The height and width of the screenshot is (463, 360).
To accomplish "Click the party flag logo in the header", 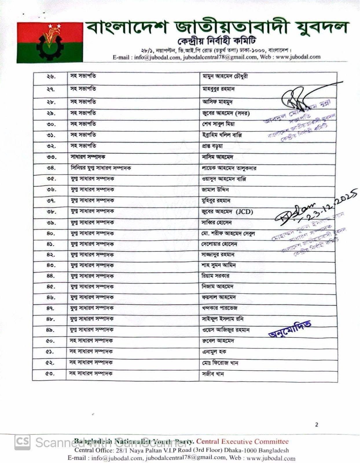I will pos(50,42).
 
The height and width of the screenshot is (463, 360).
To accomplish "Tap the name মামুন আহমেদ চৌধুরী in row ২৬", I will pos(225,77).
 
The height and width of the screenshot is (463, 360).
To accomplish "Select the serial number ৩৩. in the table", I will pos(51,157).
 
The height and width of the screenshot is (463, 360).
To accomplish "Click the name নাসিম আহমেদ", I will pos(218,157).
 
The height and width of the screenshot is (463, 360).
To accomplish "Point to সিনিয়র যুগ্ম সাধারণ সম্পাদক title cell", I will pos(101,168).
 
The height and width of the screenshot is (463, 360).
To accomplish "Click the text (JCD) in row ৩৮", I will pos(244,212).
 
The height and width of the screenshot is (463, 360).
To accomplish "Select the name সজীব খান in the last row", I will pos(213,374).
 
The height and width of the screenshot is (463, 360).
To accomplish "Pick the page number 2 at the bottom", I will pos(316,425).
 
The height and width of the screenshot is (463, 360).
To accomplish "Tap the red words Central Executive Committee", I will pos(243,442).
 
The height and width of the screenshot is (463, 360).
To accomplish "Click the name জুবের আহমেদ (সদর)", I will pos(226,113).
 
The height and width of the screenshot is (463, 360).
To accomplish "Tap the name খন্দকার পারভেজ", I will pos(220,308).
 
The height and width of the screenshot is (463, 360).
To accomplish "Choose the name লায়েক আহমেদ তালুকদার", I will pos(229,168).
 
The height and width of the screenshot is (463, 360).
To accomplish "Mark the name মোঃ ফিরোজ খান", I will pos(220,363).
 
